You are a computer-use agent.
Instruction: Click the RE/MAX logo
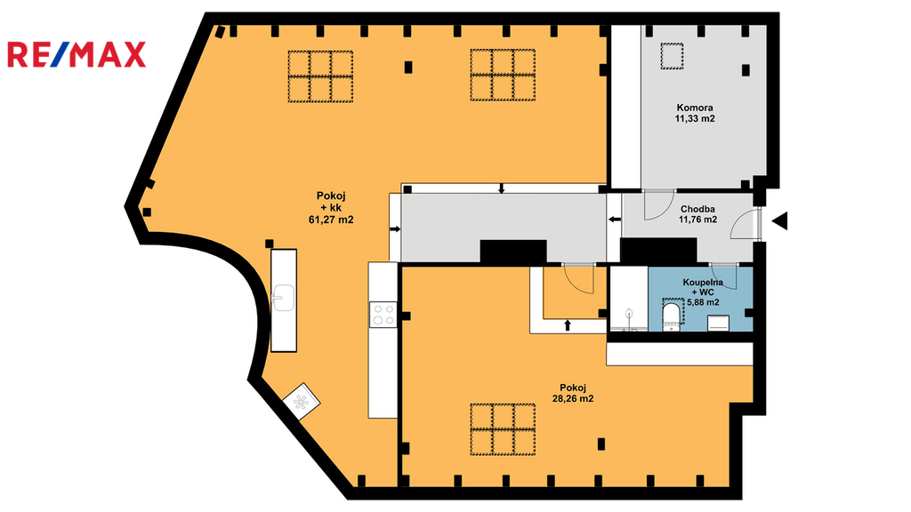tap(76, 55)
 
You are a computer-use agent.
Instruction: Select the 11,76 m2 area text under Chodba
tap(697, 220)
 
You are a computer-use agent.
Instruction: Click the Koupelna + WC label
tap(703, 287)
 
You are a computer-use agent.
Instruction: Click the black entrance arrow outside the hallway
tap(780, 221)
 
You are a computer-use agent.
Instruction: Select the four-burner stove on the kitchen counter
tap(383, 314)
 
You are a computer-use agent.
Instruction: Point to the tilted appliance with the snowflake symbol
tap(300, 401)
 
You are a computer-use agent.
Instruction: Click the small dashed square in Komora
tap(669, 58)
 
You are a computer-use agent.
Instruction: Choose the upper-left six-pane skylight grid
tap(319, 76)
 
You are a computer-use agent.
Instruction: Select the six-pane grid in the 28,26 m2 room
tap(504, 428)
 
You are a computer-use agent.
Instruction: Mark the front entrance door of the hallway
tap(746, 227)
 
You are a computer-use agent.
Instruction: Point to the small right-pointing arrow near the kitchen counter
tap(394, 230)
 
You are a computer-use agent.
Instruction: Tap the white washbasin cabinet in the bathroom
tap(716, 322)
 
